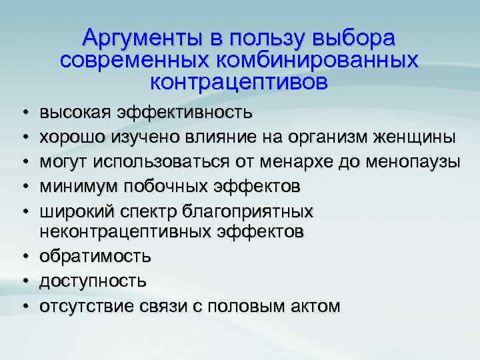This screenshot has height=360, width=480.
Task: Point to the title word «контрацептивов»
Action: (x=239, y=83)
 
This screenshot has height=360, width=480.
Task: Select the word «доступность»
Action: (x=93, y=281)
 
